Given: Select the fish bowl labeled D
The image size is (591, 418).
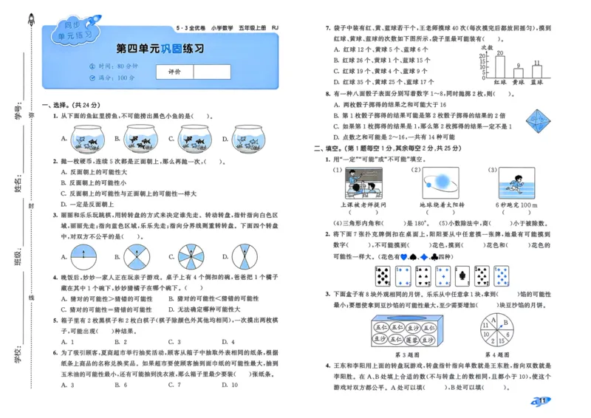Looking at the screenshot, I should (x=249, y=137).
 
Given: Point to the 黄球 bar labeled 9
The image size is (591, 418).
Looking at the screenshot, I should (x=519, y=73).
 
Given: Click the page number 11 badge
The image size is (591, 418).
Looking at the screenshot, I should (x=541, y=401).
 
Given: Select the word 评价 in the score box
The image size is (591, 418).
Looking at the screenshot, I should (x=175, y=72).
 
